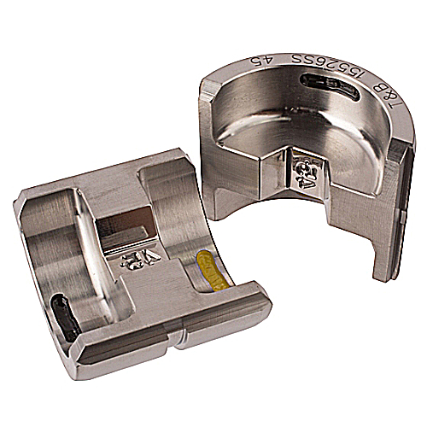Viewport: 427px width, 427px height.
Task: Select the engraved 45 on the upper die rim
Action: tap(257, 61)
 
